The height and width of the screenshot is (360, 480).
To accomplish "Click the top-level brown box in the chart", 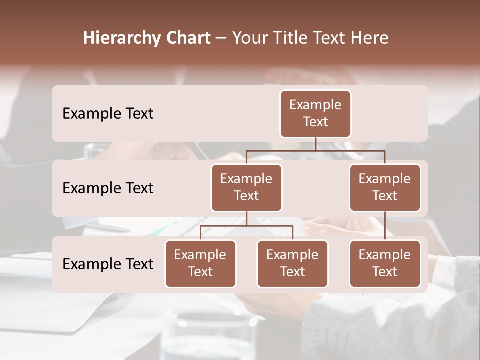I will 315,113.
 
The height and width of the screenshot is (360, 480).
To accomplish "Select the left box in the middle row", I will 246,187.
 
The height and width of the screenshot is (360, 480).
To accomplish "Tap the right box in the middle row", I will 385,187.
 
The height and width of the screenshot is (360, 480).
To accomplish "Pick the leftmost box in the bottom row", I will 200,263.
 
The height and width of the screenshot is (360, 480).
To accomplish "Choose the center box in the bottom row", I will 292,263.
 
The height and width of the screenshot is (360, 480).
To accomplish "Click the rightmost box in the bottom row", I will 385,263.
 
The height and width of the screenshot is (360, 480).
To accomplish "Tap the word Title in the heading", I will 290,38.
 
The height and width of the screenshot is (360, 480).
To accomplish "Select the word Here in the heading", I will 370,38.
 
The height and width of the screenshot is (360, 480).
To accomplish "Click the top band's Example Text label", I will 108,113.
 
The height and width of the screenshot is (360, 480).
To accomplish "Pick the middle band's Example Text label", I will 108,188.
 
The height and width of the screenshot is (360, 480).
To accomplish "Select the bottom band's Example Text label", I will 108,264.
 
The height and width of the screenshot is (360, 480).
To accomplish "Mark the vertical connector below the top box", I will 315,144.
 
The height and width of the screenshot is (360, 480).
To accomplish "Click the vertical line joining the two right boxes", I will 385,226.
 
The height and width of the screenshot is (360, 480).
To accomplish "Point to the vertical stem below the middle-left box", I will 246,218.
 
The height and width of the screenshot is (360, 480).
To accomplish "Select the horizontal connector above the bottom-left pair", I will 246,226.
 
